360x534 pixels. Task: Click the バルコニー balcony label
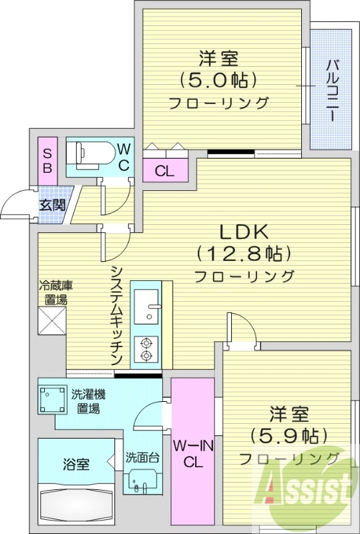[x=331, y=91]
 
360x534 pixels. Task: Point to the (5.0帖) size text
[x=218, y=81]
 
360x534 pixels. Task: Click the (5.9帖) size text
[x=289, y=436]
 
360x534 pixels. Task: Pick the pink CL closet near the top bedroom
[x=164, y=171]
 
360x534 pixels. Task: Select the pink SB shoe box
[x=47, y=158]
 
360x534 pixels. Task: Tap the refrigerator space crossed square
[x=52, y=320]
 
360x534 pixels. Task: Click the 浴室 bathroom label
[x=77, y=463]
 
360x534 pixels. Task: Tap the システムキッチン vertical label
[x=116, y=314]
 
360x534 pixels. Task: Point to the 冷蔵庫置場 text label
[x=55, y=292]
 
